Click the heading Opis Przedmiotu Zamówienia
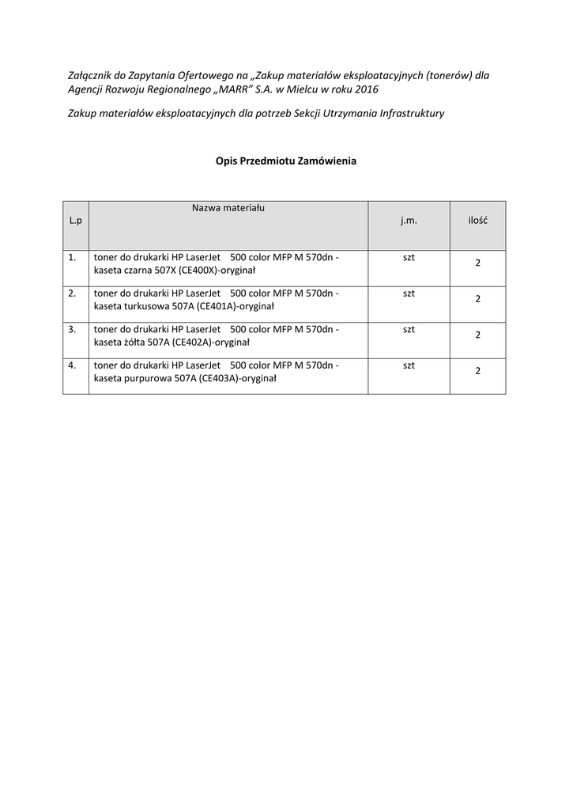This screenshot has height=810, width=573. pyautogui.click(x=286, y=161)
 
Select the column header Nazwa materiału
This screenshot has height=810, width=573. pyautogui.click(x=228, y=208)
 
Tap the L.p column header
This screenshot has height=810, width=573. pyautogui.click(x=75, y=221)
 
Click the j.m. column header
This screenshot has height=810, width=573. pyautogui.click(x=409, y=221)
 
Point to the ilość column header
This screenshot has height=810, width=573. pyautogui.click(x=477, y=221)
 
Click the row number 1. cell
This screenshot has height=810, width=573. pyautogui.click(x=73, y=258)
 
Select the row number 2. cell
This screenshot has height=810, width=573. pyautogui.click(x=73, y=293)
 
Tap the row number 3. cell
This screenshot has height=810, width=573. pyautogui.click(x=73, y=329)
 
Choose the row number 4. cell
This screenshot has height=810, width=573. pyautogui.click(x=73, y=365)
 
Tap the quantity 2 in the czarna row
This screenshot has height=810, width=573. pyautogui.click(x=477, y=263)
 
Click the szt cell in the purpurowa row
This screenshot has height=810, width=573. pyautogui.click(x=409, y=365)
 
